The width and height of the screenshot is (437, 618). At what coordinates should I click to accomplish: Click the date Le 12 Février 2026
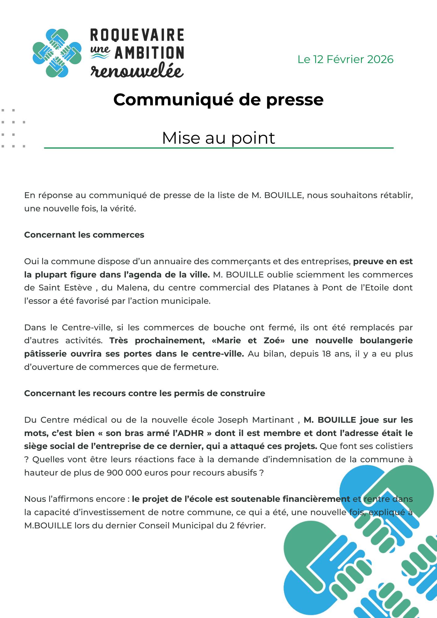point(345,59)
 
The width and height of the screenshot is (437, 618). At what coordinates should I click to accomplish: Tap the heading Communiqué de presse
point(218,99)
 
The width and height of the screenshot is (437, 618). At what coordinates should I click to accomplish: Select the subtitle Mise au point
point(218,138)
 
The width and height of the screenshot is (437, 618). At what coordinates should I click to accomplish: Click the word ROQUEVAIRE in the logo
point(137,35)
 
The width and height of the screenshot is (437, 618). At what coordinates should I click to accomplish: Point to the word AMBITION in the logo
point(149,53)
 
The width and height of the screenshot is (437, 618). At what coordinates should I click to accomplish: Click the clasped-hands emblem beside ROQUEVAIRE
point(57,53)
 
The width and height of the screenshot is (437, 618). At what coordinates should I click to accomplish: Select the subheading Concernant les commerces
point(84,235)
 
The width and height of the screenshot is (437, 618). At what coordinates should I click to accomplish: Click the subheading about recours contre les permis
point(144,393)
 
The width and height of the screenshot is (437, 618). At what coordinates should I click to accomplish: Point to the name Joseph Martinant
point(256,420)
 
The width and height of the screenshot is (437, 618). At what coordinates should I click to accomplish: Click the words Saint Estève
point(65,288)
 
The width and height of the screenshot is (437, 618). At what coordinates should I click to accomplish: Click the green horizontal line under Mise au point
point(218,148)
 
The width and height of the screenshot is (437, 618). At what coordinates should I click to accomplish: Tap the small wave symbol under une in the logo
point(100,56)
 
